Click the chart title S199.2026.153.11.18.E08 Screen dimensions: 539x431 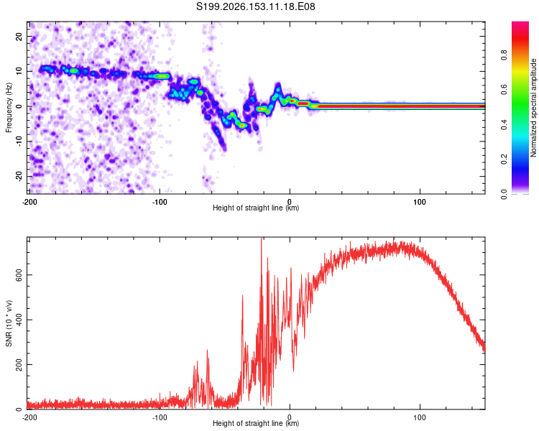click(x=255, y=6)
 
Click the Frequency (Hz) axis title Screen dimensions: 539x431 click(x=9, y=107)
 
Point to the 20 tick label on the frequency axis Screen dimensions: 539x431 click(x=19, y=36)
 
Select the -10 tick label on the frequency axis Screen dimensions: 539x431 click(x=19, y=141)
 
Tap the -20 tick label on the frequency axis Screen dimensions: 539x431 click(x=19, y=176)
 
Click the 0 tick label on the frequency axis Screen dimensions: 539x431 click(x=19, y=106)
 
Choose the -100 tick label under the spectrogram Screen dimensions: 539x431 click(x=160, y=202)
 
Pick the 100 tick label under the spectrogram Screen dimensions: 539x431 click(x=420, y=202)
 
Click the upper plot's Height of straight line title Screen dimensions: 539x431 click(x=256, y=208)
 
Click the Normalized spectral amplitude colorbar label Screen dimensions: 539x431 click(x=533, y=108)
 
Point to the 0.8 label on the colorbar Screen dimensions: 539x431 click(x=504, y=55)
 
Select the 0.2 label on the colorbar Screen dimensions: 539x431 click(x=504, y=159)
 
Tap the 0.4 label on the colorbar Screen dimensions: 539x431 click(x=504, y=124)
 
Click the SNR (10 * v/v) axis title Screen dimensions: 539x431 click(x=9, y=323)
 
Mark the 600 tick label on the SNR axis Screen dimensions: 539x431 click(x=19, y=275)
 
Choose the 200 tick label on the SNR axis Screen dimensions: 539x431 click(x=19, y=364)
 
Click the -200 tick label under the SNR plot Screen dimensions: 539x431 click(x=29, y=417)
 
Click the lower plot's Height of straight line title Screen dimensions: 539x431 click(x=256, y=423)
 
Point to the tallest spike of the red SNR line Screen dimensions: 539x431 click(x=262, y=238)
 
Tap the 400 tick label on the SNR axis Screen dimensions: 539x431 click(x=19, y=320)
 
